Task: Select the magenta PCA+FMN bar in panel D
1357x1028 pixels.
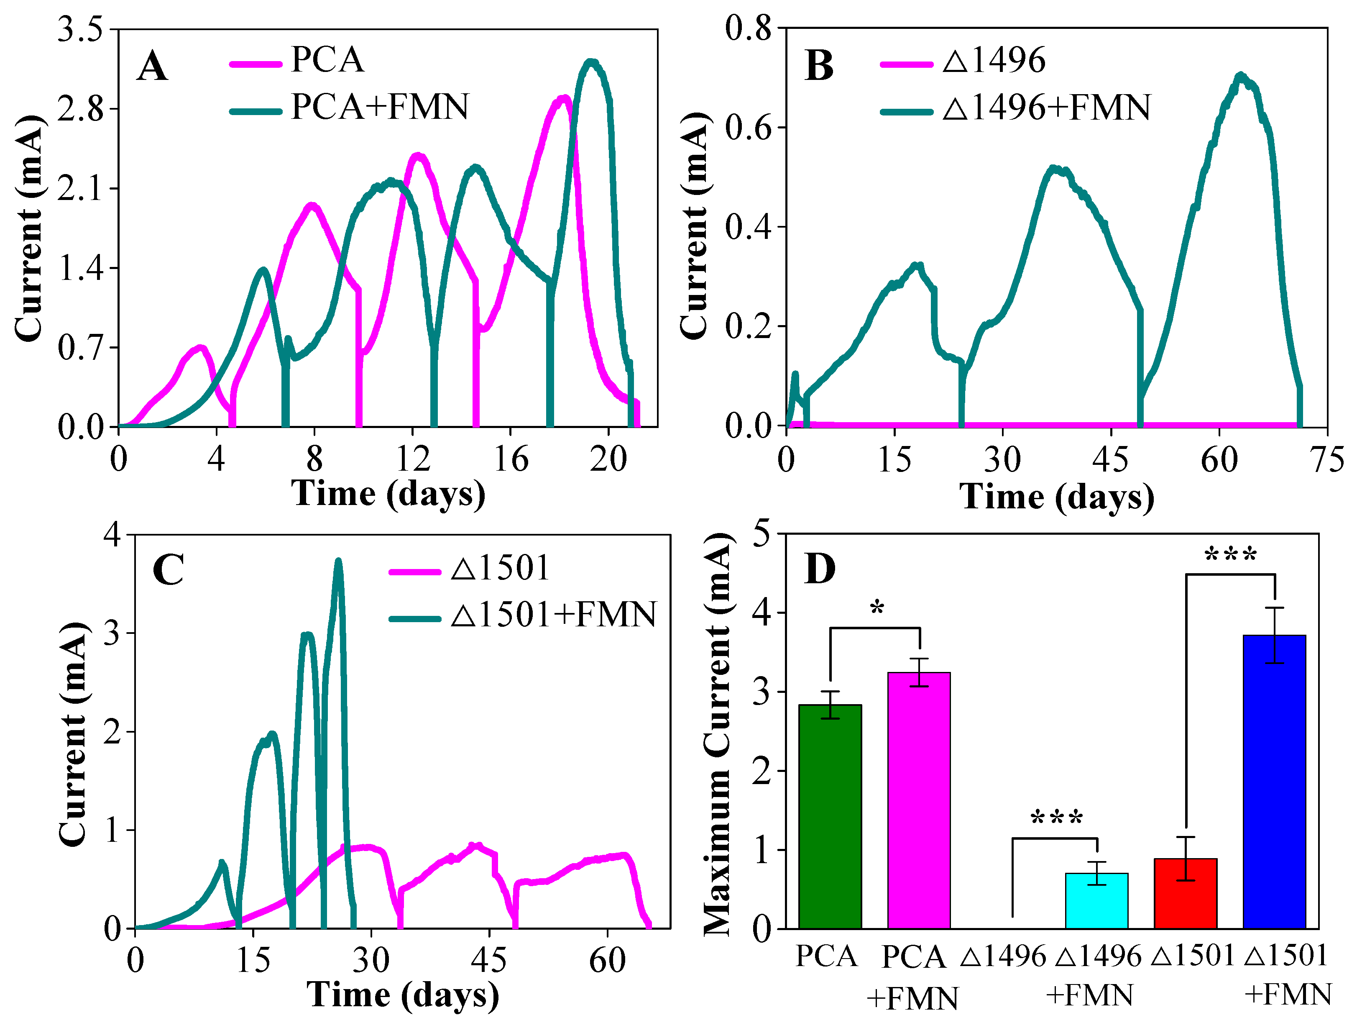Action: pyautogui.click(x=918, y=800)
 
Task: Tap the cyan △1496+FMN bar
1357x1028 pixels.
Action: pyautogui.click(x=1096, y=900)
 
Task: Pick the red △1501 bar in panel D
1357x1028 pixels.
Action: pyautogui.click(x=1185, y=893)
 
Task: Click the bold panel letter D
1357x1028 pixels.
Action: pyautogui.click(x=820, y=569)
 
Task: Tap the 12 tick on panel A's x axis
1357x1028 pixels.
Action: pyautogui.click(x=412, y=459)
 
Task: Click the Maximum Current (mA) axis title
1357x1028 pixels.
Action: pyautogui.click(x=718, y=733)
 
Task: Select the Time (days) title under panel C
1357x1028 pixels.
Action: pyautogui.click(x=402, y=994)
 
